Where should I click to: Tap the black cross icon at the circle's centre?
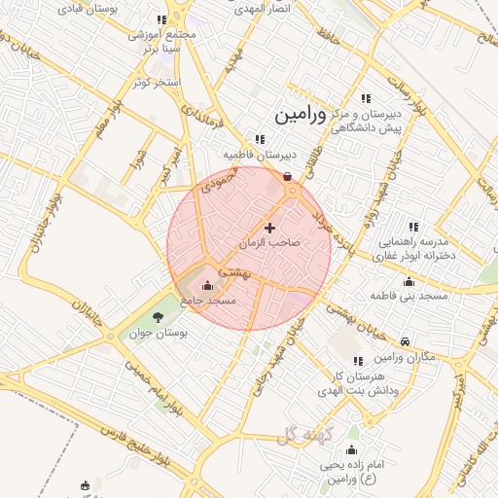pyautogui.click(x=269, y=227)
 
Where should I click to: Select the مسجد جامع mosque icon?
pyautogui.click(x=206, y=286)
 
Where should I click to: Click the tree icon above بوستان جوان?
pyautogui.click(x=158, y=316)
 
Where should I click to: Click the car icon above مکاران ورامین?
pyautogui.click(x=404, y=341)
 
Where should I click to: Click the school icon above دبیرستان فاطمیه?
pyautogui.click(x=259, y=138)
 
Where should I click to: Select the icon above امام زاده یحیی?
pyautogui.click(x=351, y=450)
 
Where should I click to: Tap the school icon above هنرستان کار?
pyautogui.click(x=358, y=361)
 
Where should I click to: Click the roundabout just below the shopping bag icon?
pyautogui.click(x=293, y=192)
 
